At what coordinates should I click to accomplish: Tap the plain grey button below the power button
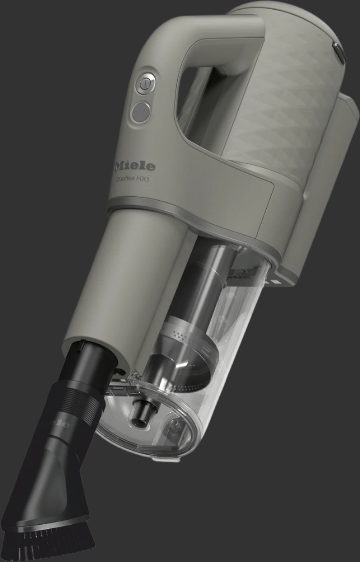click(141, 112)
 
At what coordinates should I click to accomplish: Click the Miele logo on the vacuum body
click(135, 165)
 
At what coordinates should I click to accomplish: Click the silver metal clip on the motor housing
click(339, 53)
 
